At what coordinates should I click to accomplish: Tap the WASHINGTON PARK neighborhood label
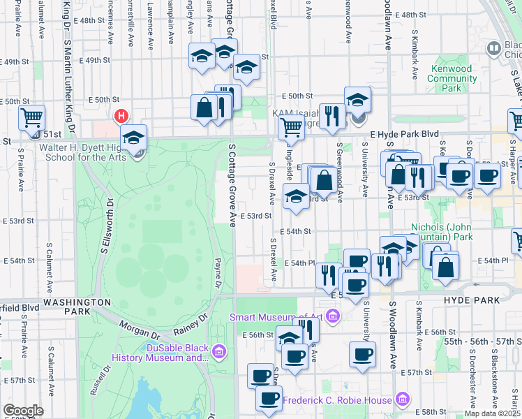tap(77, 302)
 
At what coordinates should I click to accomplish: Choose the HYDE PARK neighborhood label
tap(472, 300)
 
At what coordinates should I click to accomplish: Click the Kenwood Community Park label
tap(452, 79)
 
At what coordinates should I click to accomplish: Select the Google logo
tap(24, 411)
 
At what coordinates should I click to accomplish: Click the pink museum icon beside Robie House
tap(402, 399)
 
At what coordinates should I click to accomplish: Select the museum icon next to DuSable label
tap(220, 350)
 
